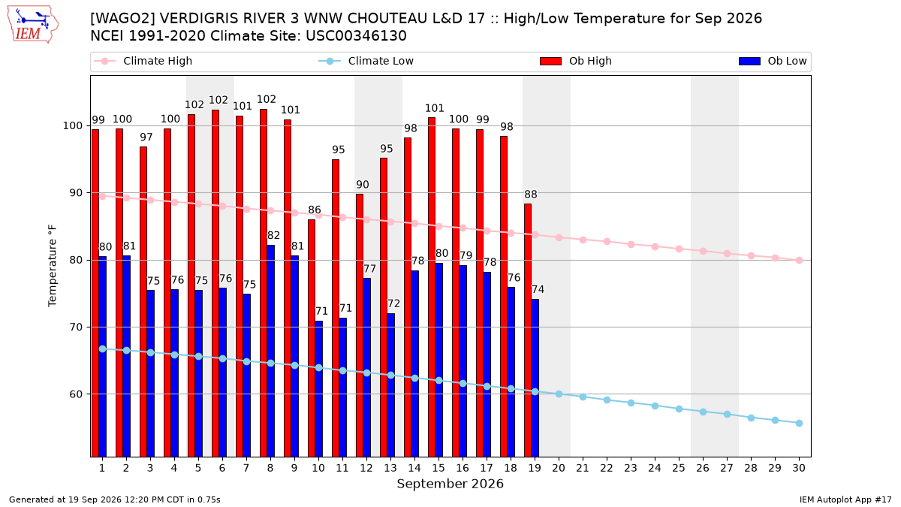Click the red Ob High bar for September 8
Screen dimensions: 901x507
point(264,283)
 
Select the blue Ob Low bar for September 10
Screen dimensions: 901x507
point(318,389)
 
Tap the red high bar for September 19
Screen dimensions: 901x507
point(528,330)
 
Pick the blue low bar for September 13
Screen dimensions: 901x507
point(390,385)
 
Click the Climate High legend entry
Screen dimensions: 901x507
point(143,61)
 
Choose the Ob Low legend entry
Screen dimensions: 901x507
point(773,61)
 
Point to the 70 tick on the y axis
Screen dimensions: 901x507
point(76,327)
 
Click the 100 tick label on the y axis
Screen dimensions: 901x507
point(72,126)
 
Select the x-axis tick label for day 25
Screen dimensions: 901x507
point(679,468)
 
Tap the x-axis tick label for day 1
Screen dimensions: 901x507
point(102,468)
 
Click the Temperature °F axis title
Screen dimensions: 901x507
point(53,266)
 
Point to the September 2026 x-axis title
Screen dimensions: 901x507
point(450,484)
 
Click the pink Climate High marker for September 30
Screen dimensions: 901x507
point(799,261)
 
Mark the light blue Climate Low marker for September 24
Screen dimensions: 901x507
point(655,406)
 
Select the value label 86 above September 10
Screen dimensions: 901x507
point(315,210)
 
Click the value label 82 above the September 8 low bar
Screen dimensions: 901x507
point(273,235)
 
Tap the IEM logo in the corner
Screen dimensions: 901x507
point(33,25)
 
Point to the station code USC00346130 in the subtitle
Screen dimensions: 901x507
point(357,36)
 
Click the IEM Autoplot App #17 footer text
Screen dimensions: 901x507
point(845,499)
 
